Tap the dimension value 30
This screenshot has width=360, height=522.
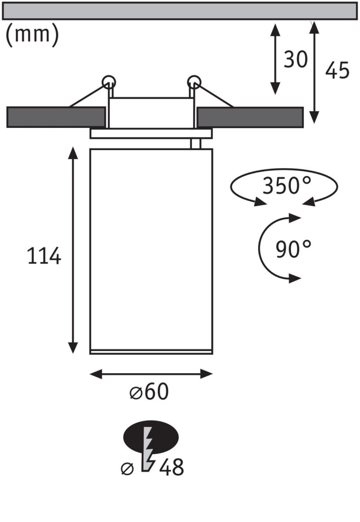tap(295, 60)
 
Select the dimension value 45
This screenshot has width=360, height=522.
tap(337, 70)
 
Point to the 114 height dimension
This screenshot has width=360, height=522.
tap(44, 257)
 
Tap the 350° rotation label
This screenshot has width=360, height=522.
tap(287, 186)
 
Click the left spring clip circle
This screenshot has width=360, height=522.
tap(109, 81)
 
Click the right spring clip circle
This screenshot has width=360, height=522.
tap(194, 81)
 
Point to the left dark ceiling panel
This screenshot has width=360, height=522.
tap(56, 117)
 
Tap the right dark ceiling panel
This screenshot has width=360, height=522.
tap(250, 117)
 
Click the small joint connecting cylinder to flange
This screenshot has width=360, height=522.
tap(195, 144)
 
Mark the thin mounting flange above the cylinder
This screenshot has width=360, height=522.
tap(151, 134)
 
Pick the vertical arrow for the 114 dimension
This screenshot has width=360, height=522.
tap(73, 250)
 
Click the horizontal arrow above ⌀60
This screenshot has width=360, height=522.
tap(151, 373)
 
